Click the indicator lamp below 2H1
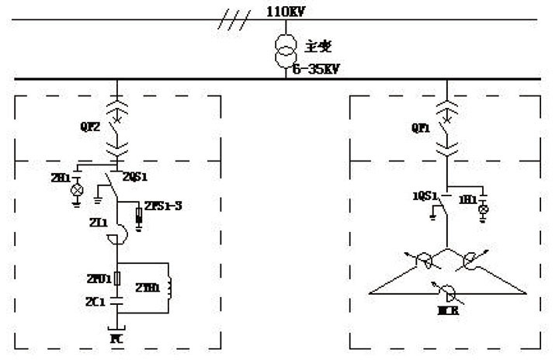(76, 190)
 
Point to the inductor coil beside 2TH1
(165, 286)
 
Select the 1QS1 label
(422, 196)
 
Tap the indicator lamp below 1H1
(484, 209)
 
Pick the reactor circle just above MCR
(446, 292)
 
